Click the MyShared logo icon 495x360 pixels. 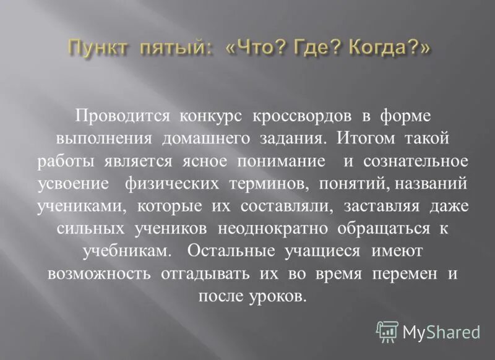387,332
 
